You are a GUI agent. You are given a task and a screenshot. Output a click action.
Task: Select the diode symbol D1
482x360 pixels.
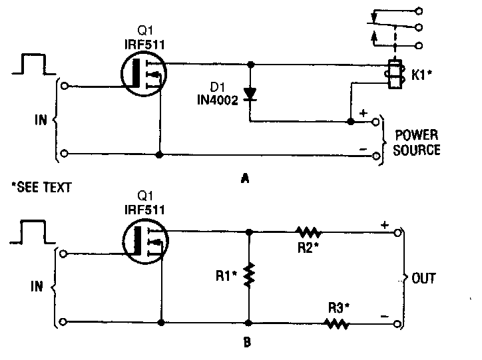pos(251,94)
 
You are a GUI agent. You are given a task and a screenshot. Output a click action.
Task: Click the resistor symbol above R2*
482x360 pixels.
pos(309,232)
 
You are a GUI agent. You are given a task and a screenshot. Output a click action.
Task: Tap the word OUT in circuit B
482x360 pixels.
pos(424,277)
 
